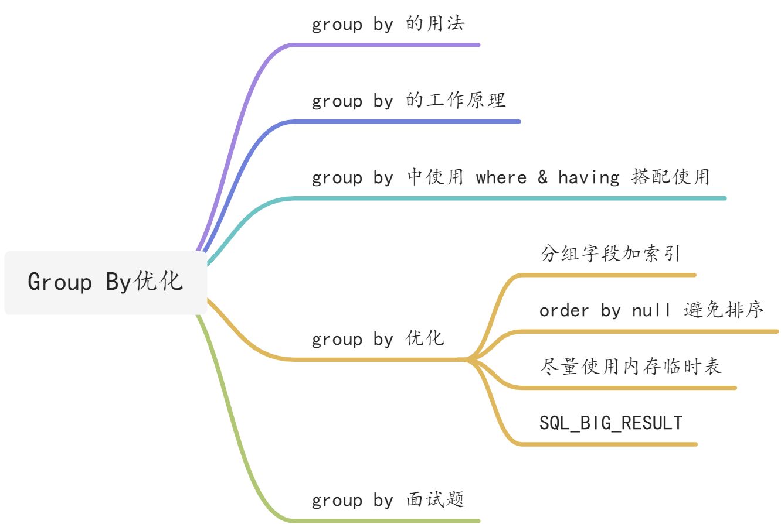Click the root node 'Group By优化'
[106, 282]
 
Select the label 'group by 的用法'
[388, 24]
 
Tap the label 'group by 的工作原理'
[409, 101]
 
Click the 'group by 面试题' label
[388, 500]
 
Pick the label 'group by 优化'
[378, 338]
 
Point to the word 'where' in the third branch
[501, 177]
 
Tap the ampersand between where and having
[542, 177]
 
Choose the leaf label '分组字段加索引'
[610, 254]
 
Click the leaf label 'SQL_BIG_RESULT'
[611, 423]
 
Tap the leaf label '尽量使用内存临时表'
[630, 367]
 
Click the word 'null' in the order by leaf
[651, 310]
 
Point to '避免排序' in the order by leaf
[724, 310]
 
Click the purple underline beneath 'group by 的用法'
[387, 44]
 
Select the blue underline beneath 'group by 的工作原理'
[405, 122]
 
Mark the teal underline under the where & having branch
[504, 198]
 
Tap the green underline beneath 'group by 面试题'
[387, 520]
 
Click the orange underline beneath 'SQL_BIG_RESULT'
[610, 444]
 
